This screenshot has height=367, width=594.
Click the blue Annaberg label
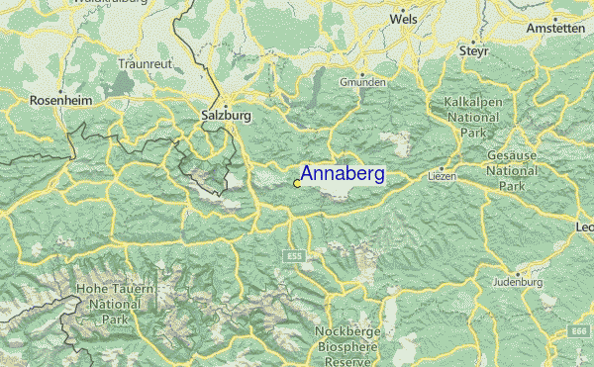click(x=342, y=175)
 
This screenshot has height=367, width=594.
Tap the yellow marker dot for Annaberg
click(x=297, y=183)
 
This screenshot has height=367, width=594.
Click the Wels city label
click(x=403, y=18)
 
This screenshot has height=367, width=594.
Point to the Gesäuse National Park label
click(x=512, y=170)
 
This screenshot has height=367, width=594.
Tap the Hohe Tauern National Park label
click(x=109, y=304)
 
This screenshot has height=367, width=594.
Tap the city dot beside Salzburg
click(x=226, y=104)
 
